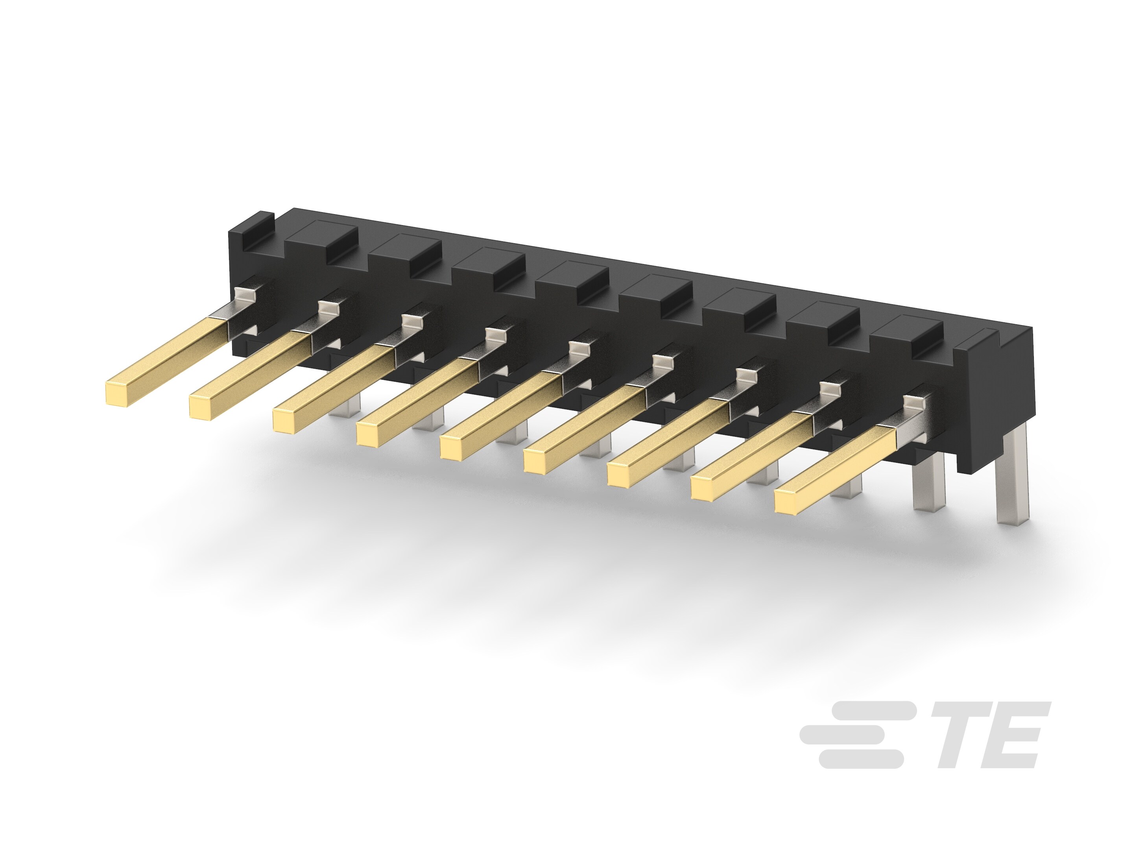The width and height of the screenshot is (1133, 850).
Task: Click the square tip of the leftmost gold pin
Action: (x=117, y=394)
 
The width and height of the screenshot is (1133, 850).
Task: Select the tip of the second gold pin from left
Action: (x=201, y=407)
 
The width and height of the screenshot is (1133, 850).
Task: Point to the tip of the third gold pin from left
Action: (x=285, y=421)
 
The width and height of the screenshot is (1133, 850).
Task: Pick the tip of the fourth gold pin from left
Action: (x=369, y=434)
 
